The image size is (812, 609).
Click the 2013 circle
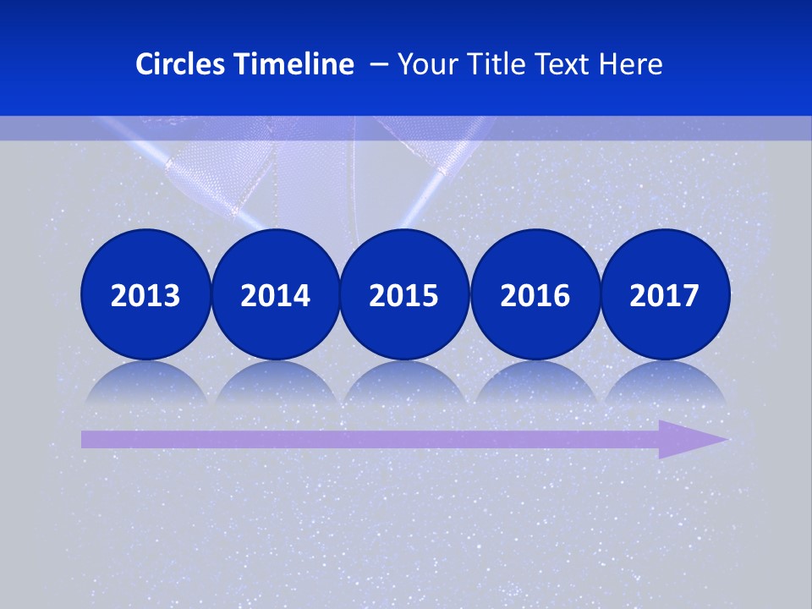(x=145, y=294)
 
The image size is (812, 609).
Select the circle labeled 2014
(x=275, y=294)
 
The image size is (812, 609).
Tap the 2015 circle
(x=404, y=294)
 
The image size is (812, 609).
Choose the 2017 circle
(x=665, y=294)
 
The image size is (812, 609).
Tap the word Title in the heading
(x=492, y=64)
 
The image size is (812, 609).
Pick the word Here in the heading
(x=630, y=64)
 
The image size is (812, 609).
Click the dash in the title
(x=379, y=65)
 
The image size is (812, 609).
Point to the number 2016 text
(x=535, y=296)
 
